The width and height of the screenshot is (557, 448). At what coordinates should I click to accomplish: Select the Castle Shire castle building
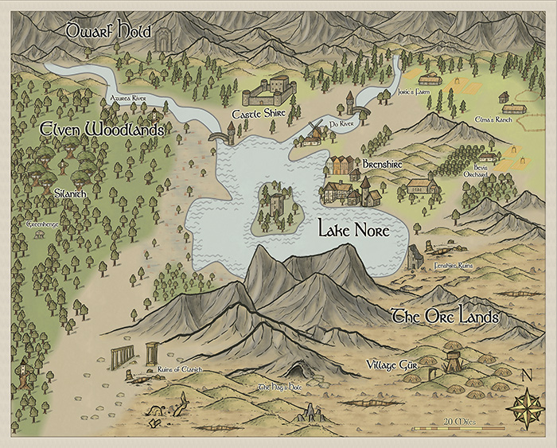click(x=270, y=92)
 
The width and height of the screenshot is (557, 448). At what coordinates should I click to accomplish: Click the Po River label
click(x=341, y=124)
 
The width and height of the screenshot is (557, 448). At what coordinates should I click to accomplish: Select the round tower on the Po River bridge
click(x=349, y=102)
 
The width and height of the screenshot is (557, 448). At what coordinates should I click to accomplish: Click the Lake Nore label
click(x=353, y=231)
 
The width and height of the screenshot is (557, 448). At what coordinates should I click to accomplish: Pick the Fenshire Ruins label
click(x=454, y=264)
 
